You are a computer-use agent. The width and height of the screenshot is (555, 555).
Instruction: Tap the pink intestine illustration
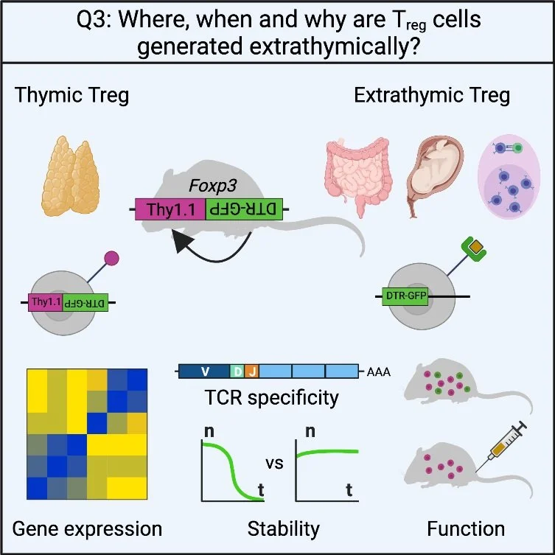(357, 178)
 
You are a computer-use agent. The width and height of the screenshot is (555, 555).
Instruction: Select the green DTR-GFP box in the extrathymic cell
(406, 297)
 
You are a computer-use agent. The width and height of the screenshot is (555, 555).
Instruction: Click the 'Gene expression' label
(87, 528)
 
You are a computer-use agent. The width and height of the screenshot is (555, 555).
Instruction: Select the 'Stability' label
(284, 528)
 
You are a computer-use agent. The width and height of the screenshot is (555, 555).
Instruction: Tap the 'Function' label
(466, 528)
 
